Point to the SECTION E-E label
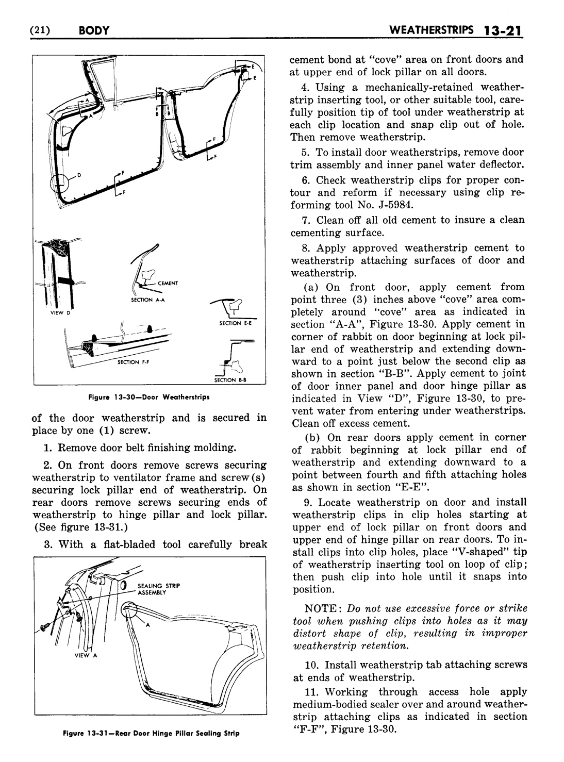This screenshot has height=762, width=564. tap(235, 323)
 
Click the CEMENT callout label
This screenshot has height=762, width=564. tap(168, 283)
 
